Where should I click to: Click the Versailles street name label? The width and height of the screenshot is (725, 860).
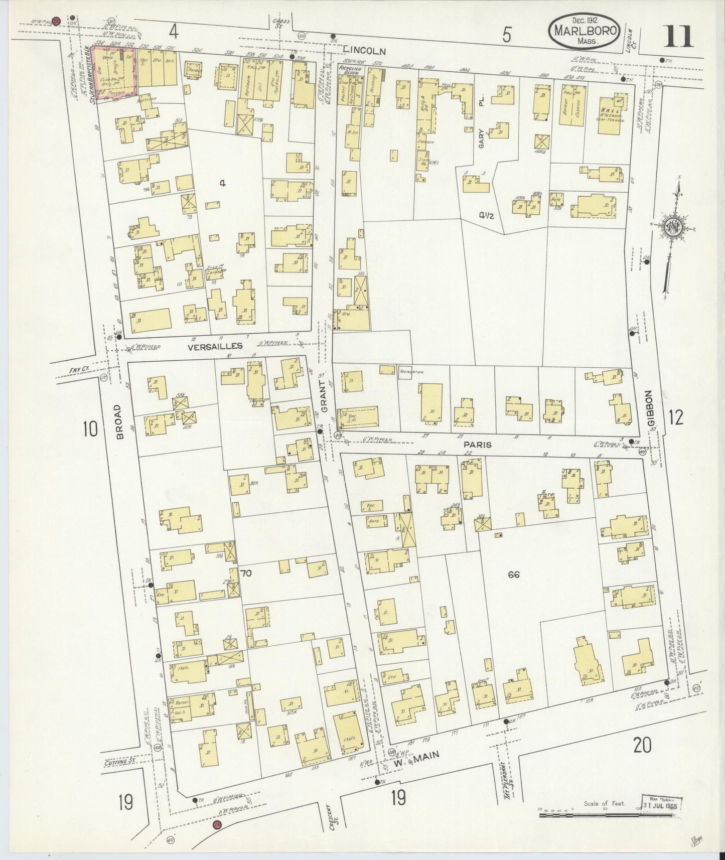[215, 346]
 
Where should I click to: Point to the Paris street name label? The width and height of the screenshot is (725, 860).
[477, 445]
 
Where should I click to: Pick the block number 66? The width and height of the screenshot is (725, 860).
[513, 575]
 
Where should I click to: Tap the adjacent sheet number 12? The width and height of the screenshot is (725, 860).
[676, 417]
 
